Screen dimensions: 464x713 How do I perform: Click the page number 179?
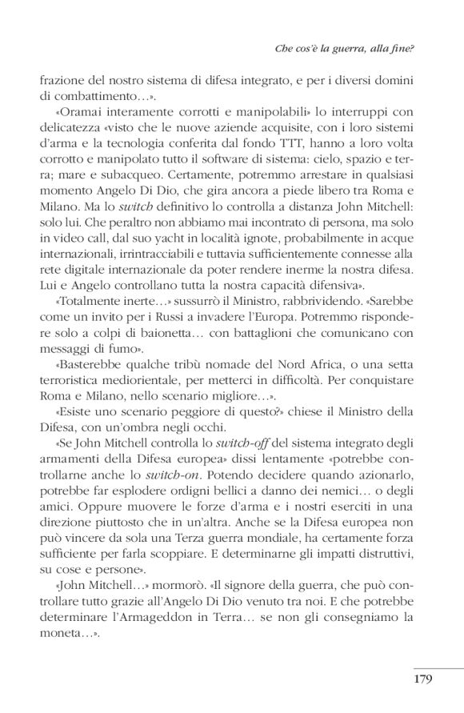tap(423, 681)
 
